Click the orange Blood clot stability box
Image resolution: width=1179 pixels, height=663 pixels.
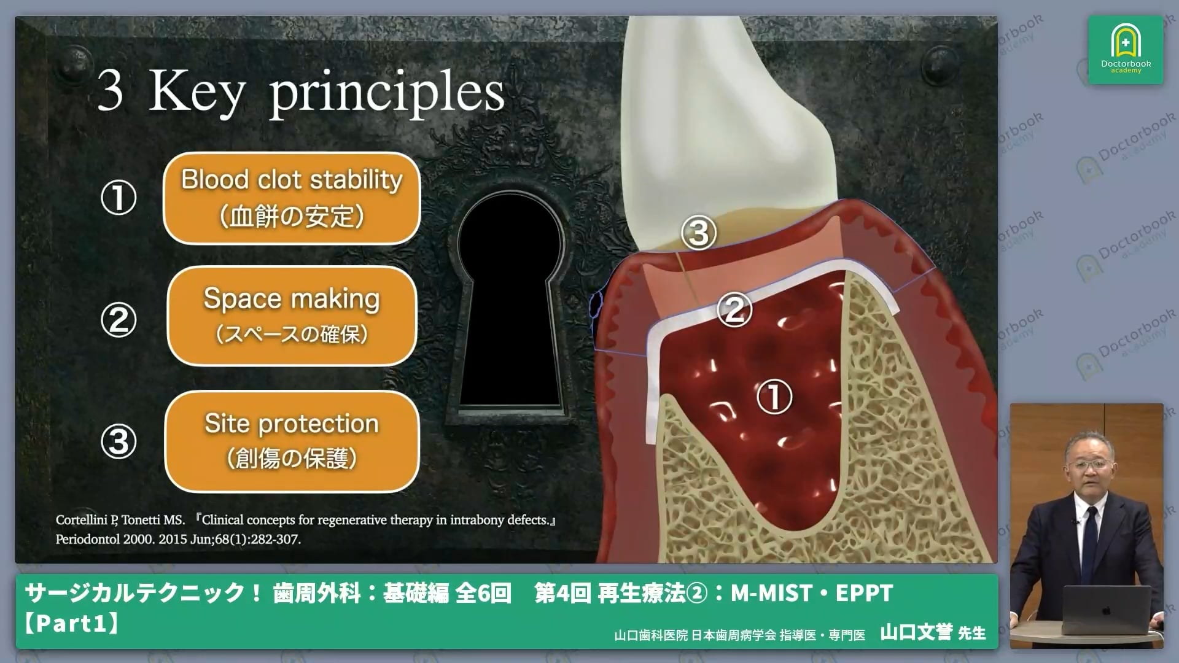pos(292,198)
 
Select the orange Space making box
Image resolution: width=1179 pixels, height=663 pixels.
pos(292,316)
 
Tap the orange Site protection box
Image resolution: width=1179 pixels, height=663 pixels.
pos(292,441)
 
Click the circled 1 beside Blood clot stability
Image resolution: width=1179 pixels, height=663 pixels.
pos(119,198)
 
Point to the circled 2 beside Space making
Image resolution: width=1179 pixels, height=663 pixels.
pos(119,320)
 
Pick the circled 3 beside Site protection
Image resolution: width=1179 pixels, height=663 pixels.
pos(119,442)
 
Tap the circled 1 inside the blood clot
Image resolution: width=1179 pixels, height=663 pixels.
pos(774,397)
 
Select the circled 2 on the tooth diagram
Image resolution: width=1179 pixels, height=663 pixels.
pos(734,309)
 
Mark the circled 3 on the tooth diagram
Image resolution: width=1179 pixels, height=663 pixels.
pos(699,233)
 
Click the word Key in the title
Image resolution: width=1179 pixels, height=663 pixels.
pos(196,92)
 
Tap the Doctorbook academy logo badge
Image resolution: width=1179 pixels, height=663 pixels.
pos(1126,50)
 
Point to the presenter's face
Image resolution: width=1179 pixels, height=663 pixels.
pos(1088,462)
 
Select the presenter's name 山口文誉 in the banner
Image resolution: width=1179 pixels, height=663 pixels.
pos(916,632)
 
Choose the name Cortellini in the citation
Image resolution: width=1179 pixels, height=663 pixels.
pos(82,520)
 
